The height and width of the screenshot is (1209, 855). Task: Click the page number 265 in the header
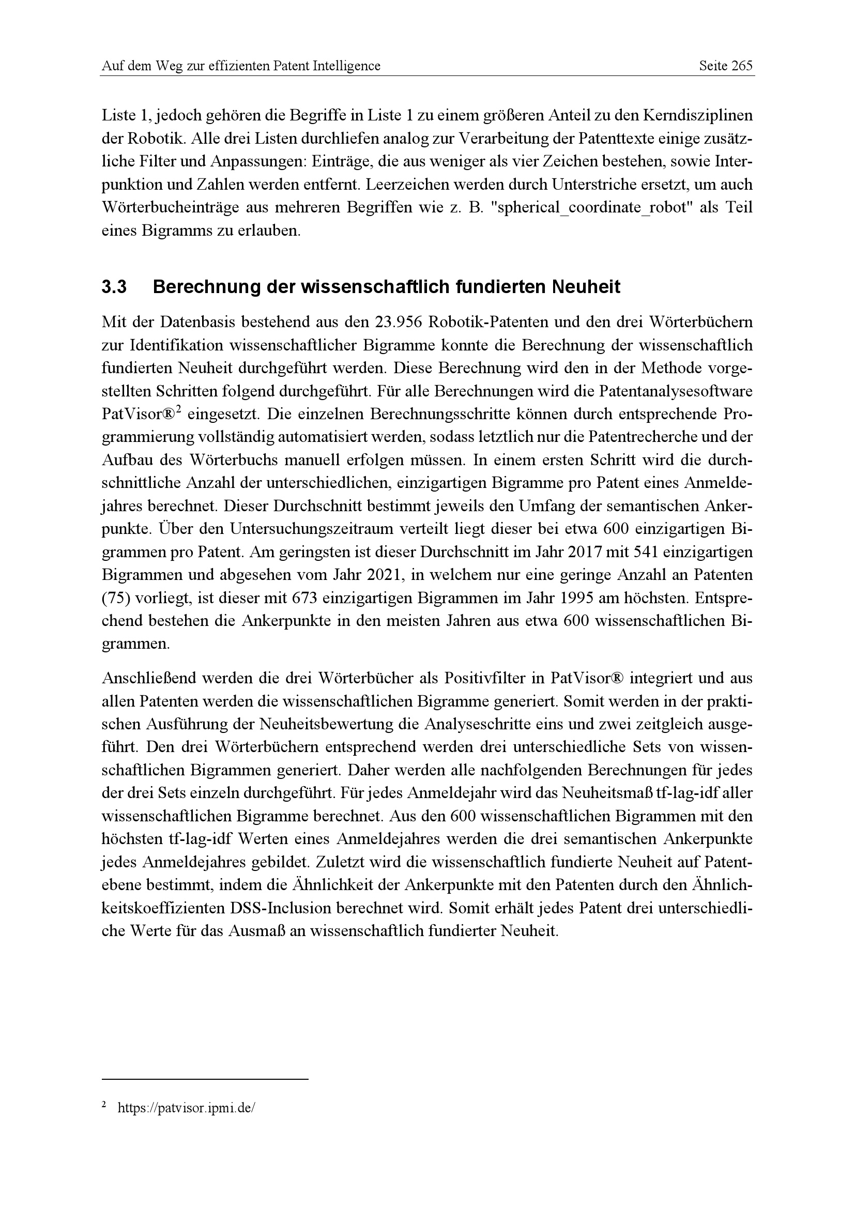point(742,66)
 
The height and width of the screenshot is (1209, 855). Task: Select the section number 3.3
point(114,287)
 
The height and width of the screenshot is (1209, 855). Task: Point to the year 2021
point(381,575)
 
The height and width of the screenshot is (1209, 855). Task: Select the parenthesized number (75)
point(114,599)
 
